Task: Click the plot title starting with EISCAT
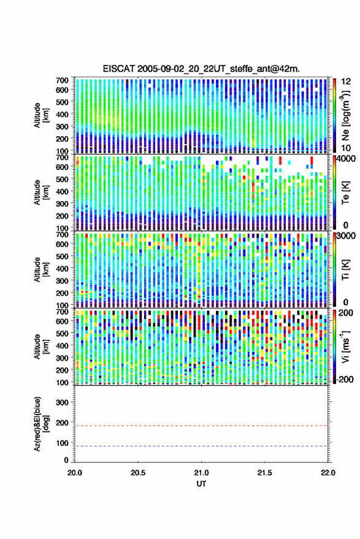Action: [x=201, y=69]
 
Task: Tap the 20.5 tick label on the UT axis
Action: [x=138, y=473]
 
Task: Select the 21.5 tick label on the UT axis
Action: [x=264, y=473]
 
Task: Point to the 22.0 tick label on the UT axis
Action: [x=327, y=473]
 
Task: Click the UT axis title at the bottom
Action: [x=201, y=484]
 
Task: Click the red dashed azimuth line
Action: [x=201, y=426]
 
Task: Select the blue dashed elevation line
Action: [x=201, y=446]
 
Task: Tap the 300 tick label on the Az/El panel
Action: [x=62, y=402]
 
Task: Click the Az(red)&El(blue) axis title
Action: [x=41, y=424]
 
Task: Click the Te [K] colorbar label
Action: [x=345, y=193]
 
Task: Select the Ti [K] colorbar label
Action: [x=345, y=270]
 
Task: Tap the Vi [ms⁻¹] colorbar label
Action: [x=345, y=346]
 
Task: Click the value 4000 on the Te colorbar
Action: [x=348, y=159]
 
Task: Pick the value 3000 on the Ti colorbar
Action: [x=348, y=236]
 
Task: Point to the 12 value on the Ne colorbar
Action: [x=346, y=82]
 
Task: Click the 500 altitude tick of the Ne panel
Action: [x=62, y=102]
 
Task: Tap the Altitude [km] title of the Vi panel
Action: [x=41, y=346]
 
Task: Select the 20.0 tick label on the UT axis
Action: [x=75, y=473]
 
